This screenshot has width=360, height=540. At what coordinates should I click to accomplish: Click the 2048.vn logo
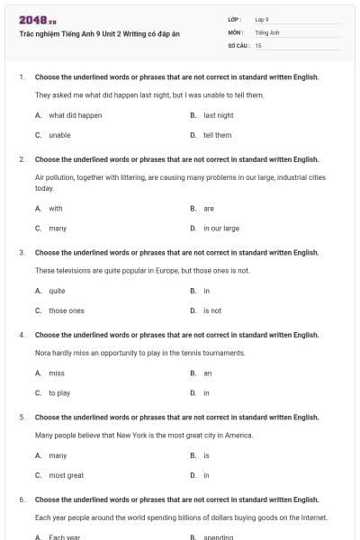coord(31,19)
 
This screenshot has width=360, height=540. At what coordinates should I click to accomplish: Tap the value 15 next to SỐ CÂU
coord(258,44)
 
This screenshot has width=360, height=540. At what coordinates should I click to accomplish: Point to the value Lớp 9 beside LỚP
coord(262,19)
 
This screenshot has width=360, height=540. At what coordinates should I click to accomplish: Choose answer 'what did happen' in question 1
coord(75,115)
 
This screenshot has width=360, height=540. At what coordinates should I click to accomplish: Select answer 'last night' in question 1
coord(218,115)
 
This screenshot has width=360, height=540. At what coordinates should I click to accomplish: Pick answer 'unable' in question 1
coord(59,135)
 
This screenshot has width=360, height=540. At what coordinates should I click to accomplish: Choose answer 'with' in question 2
coord(56,208)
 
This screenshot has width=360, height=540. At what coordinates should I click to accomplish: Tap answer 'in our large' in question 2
coord(220,228)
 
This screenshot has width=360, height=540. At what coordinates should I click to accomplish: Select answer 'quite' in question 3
coord(57,291)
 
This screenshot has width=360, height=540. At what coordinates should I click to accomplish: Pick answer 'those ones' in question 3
coord(67,310)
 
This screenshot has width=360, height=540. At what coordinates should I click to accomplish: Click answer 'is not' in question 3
coord(211,310)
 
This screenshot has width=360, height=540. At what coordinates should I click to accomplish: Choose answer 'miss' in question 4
coord(57,373)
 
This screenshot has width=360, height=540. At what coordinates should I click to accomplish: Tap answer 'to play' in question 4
coord(59,392)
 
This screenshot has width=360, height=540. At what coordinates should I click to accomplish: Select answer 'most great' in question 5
coord(66,475)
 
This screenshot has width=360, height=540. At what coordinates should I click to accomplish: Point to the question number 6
coord(21,499)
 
